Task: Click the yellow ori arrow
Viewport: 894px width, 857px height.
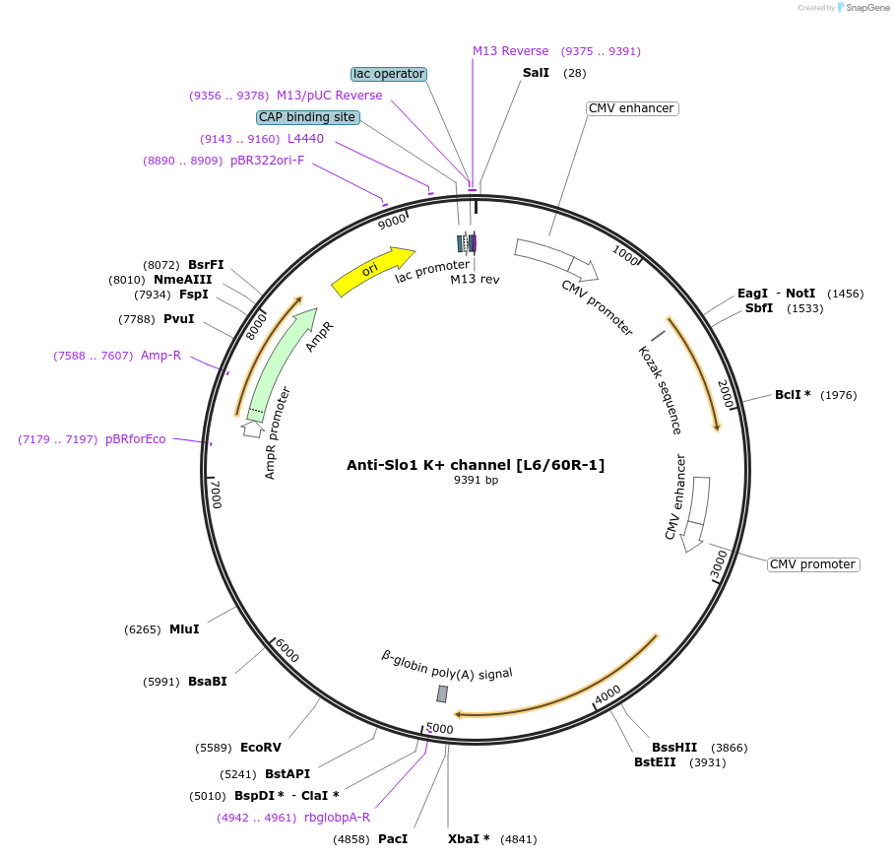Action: click(372, 271)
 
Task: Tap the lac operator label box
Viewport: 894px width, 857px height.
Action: click(389, 74)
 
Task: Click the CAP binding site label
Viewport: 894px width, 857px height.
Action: click(307, 117)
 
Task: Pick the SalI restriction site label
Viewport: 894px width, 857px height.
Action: click(536, 74)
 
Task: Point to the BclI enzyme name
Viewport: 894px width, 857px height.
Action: click(789, 395)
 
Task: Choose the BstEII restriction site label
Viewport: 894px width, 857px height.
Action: click(655, 761)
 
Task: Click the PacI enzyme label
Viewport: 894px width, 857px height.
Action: click(393, 839)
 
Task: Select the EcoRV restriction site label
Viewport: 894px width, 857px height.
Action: click(261, 748)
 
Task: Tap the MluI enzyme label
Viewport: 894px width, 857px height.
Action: click(184, 629)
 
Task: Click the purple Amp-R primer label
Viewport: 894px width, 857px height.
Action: click(160, 356)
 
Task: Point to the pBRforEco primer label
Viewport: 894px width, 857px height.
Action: click(136, 439)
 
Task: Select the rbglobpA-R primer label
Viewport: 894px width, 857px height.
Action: click(338, 817)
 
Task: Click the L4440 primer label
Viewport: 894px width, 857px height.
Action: click(305, 139)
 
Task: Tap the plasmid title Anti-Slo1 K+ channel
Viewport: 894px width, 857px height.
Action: click(476, 465)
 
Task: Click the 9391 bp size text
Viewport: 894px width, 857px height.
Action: click(476, 481)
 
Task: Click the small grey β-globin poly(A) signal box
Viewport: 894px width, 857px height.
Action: click(442, 693)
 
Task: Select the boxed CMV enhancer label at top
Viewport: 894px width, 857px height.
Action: click(632, 108)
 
